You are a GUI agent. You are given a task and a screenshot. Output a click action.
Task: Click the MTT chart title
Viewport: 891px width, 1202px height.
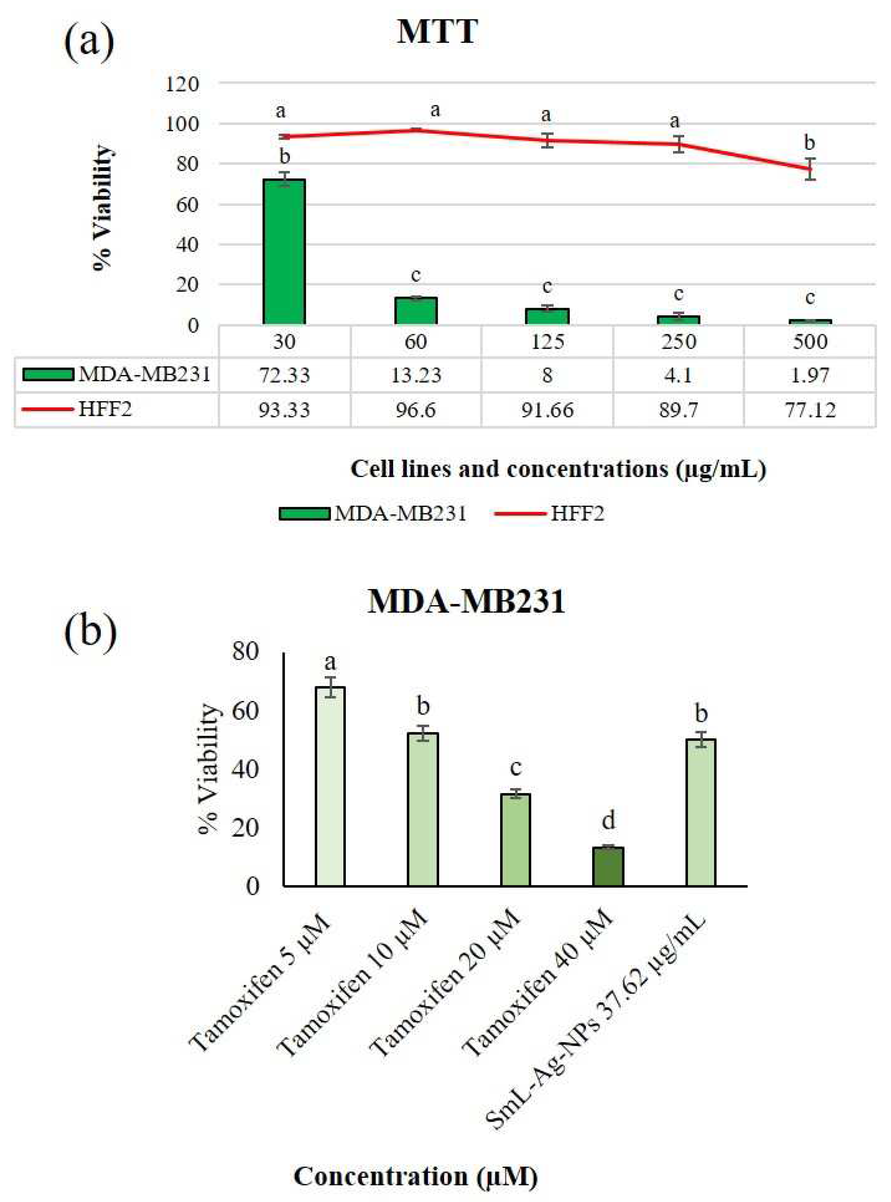(x=437, y=32)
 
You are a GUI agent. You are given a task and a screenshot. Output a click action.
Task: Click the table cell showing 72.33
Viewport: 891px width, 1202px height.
(x=284, y=375)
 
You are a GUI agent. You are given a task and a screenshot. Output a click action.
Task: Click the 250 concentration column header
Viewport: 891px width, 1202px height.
(x=679, y=341)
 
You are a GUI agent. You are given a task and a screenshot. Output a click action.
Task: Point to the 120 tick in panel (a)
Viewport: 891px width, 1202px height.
(x=183, y=84)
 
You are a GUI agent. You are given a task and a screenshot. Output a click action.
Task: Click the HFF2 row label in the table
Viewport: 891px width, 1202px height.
(x=105, y=409)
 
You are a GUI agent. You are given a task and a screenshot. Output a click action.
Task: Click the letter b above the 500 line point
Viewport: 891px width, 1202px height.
(x=809, y=143)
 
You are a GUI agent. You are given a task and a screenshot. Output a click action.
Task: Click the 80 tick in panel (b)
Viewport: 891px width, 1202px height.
(x=245, y=653)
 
